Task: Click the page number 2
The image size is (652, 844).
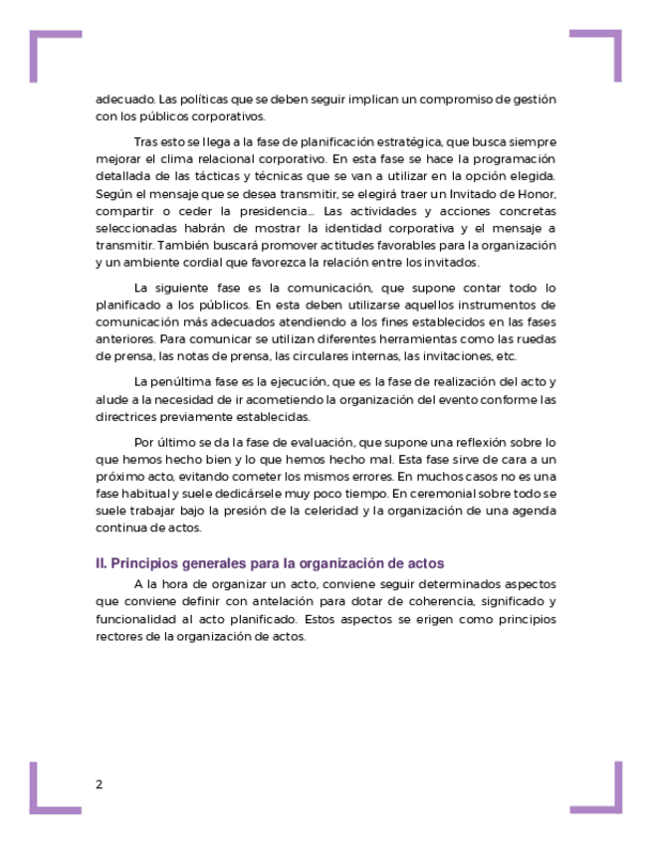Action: pos(99,784)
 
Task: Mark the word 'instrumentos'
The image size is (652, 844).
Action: pos(485,305)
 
